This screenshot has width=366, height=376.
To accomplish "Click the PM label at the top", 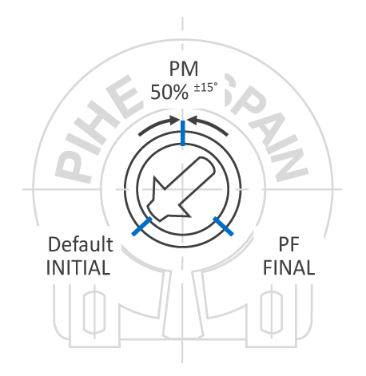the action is click(184, 69).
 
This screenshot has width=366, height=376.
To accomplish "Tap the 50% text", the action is click(169, 92).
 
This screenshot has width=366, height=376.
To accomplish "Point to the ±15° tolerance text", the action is click(205, 87).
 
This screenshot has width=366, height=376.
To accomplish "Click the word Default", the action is click(81, 244).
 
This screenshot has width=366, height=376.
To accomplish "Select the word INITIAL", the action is click(78, 267).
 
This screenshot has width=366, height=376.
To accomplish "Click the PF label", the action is click(288, 244).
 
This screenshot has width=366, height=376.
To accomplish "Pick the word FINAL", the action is click(288, 267).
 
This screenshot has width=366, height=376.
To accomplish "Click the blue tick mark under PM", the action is click(183, 133).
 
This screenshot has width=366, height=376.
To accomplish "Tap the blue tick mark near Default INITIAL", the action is click(142, 226).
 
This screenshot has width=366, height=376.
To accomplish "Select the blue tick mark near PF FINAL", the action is click(223, 226).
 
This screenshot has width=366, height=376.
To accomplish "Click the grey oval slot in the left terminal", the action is click(94, 312).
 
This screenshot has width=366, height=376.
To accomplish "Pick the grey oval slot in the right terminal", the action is click(271, 312).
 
